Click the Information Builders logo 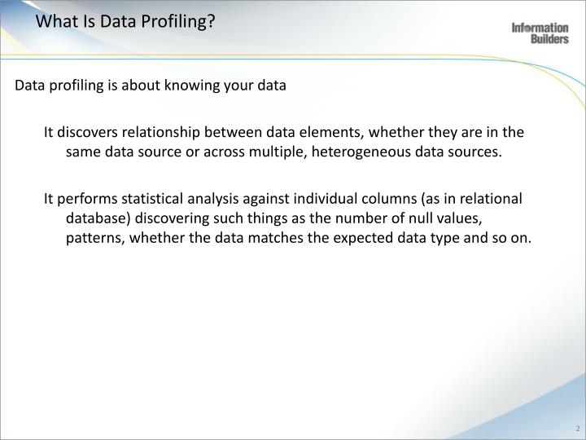[x=540, y=33]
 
